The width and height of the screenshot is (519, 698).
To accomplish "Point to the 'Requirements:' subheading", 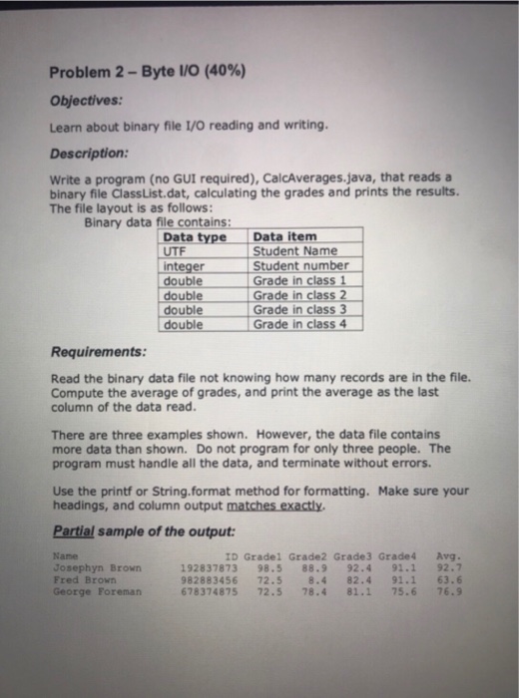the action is [x=98, y=352].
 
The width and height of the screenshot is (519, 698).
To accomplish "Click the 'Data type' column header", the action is [x=195, y=237].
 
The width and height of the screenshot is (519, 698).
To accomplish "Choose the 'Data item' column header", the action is [x=286, y=237].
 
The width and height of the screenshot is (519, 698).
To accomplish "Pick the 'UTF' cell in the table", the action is [x=174, y=251].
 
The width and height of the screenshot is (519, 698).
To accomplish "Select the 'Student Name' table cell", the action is [x=295, y=251].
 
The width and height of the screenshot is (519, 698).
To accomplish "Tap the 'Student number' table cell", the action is [x=301, y=266].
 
